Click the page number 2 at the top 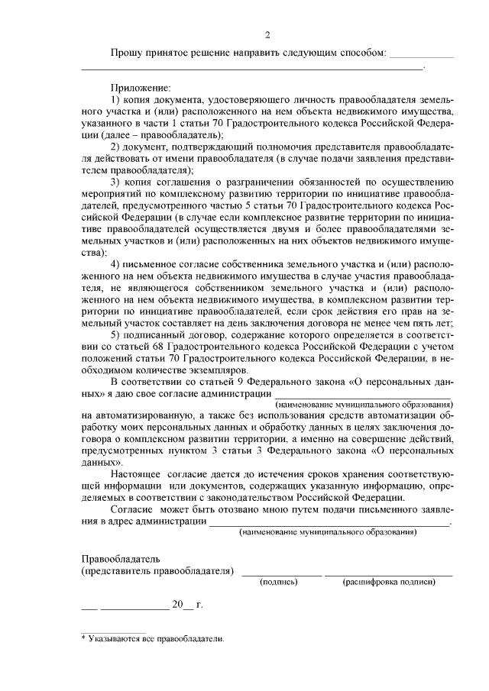pyautogui.click(x=267, y=34)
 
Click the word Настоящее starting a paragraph pyautogui.click(x=136, y=474)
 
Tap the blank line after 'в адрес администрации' pyautogui.click(x=329, y=524)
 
